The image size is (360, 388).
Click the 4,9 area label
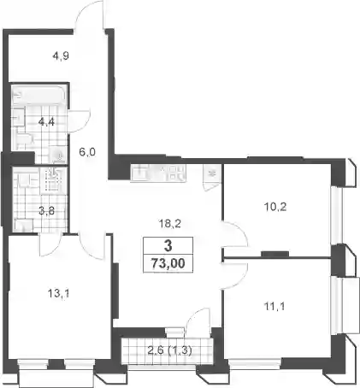(61, 56)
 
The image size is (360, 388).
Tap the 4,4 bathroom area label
(46, 122)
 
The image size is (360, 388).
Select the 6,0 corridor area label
(87, 152)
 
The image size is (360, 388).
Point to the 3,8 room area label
(47, 211)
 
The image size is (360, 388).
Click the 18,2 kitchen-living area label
(169, 224)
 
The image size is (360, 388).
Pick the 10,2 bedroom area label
(275, 207)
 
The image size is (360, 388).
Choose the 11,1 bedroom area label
(274, 307)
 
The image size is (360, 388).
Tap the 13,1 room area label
(58, 293)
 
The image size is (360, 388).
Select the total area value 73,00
(168, 263)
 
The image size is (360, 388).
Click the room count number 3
(168, 245)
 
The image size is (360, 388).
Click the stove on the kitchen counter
(176, 173)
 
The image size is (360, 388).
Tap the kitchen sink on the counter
(139, 172)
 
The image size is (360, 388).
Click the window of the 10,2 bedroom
(336, 215)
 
